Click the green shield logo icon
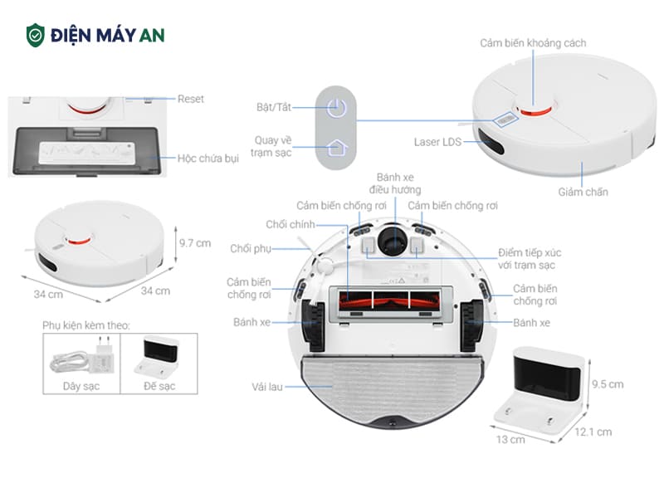pyautogui.click(x=36, y=35)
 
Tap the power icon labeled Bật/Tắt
pyautogui.click(x=335, y=108)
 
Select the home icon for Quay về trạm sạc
pyautogui.click(x=335, y=149)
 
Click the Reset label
pyautogui.click(x=190, y=99)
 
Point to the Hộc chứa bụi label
pyautogui.click(x=207, y=158)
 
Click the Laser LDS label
pyautogui.click(x=437, y=142)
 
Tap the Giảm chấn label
pyautogui.click(x=583, y=192)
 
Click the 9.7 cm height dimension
pyautogui.click(x=195, y=243)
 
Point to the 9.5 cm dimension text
pyautogui.click(x=607, y=384)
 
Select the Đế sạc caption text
pyautogui.click(x=159, y=386)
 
